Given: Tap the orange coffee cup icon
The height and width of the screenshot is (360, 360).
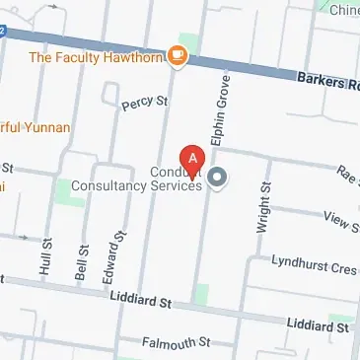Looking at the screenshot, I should click(x=178, y=55).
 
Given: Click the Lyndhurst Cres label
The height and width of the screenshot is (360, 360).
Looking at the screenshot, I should click(x=315, y=266).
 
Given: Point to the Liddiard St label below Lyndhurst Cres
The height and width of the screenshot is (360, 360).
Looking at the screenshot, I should click(x=318, y=324).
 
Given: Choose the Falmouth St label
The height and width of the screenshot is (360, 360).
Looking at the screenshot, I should click(x=178, y=342).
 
